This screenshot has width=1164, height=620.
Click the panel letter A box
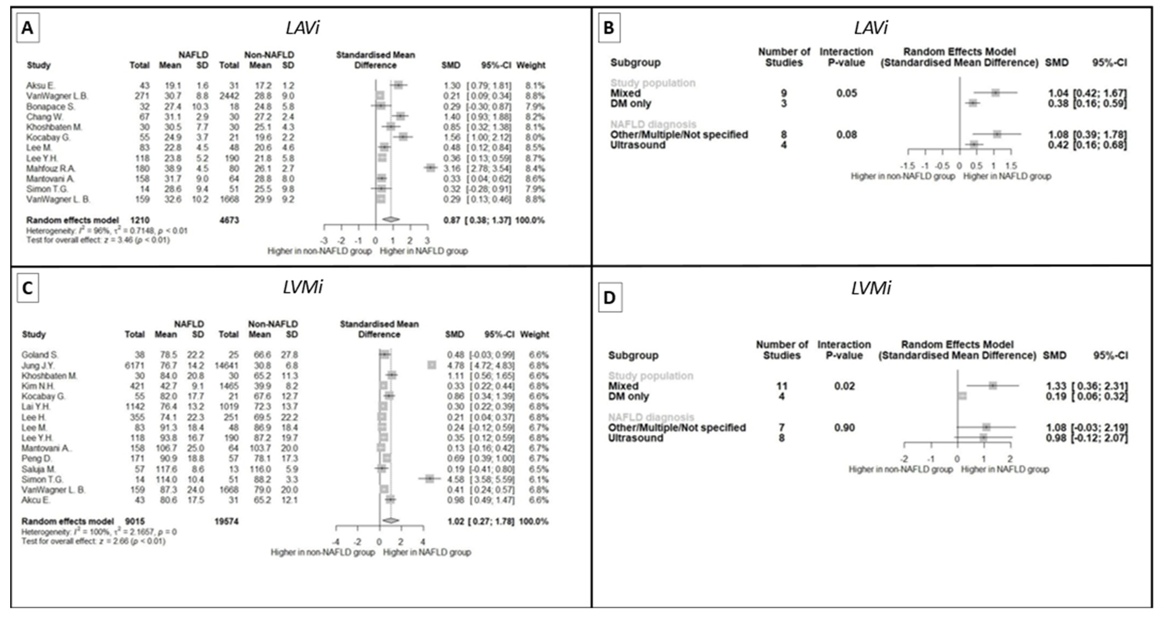[x=28, y=28]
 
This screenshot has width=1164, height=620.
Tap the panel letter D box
[x=610, y=297]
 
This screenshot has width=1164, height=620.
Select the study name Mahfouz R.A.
[x=51, y=168]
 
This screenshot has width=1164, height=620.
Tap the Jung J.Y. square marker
[x=432, y=365]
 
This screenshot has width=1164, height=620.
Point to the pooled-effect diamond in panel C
[x=391, y=521]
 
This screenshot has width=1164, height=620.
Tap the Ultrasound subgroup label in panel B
[x=637, y=145]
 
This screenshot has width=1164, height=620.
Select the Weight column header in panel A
[x=531, y=65]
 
